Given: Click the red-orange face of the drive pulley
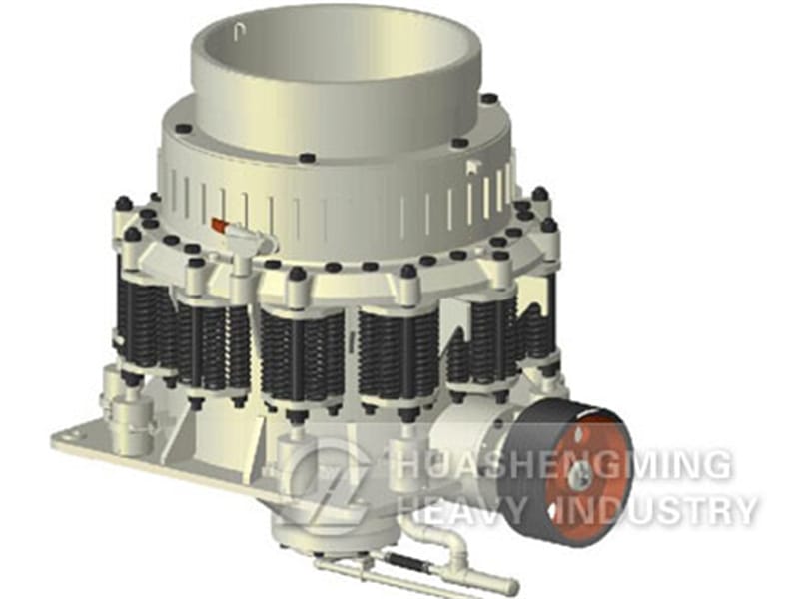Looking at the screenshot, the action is [x=587, y=477].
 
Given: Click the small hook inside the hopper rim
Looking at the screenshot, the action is [x=240, y=33].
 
